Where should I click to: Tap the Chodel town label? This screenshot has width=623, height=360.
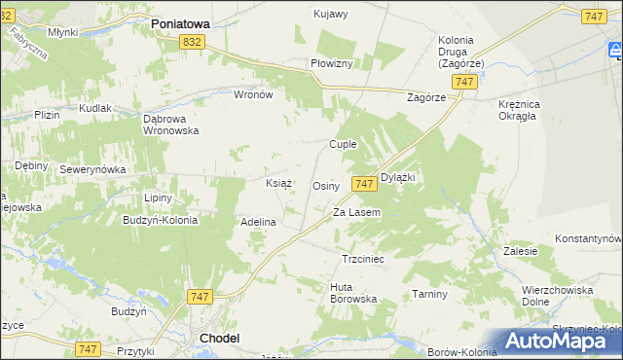[219, 338]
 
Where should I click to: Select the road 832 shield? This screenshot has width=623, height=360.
[192, 41]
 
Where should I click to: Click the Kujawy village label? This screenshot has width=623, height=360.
[331, 14]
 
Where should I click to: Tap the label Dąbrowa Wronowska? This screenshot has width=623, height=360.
[170, 124]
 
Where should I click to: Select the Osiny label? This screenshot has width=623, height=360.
[325, 185]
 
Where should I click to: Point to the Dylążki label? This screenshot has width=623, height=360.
[398, 177]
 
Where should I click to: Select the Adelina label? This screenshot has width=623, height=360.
[259, 222]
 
